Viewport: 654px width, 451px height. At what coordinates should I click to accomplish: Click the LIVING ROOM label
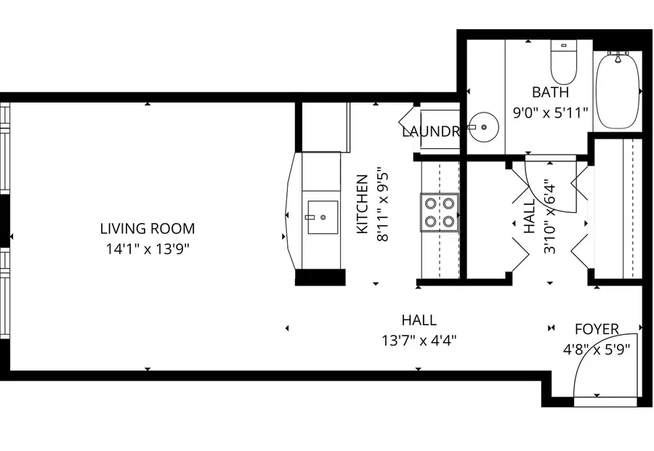click(147, 229)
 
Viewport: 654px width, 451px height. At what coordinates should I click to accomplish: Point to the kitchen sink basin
click(322, 217)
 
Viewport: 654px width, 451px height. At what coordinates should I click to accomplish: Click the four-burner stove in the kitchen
click(440, 212)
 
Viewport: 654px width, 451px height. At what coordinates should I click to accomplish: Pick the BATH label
click(550, 92)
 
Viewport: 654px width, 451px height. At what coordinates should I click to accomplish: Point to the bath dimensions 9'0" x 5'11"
click(550, 113)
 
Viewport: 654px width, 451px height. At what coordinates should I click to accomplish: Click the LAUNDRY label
click(431, 132)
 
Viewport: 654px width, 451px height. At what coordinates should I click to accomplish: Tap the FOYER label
click(597, 329)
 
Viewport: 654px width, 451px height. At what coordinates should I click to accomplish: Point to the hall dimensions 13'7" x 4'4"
click(419, 339)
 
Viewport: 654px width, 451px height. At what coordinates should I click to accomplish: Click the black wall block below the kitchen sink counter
click(320, 277)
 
